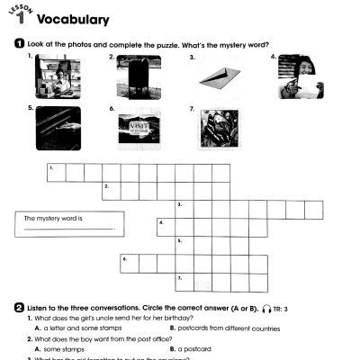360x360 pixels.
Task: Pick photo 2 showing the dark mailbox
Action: pos(139,76)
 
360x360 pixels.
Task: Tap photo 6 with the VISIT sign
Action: pos(139,130)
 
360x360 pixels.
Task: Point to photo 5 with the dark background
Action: pos(58,128)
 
